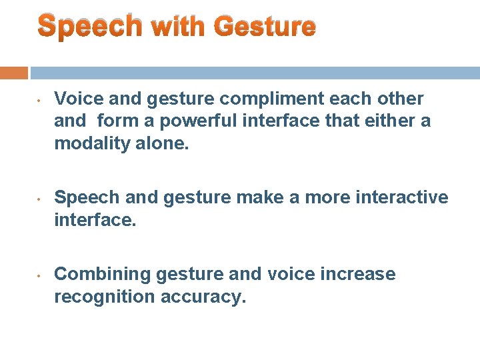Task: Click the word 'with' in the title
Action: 179,26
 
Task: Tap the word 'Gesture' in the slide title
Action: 265,26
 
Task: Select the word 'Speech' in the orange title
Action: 90,26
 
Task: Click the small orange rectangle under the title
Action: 14,73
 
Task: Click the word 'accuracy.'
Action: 203,297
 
